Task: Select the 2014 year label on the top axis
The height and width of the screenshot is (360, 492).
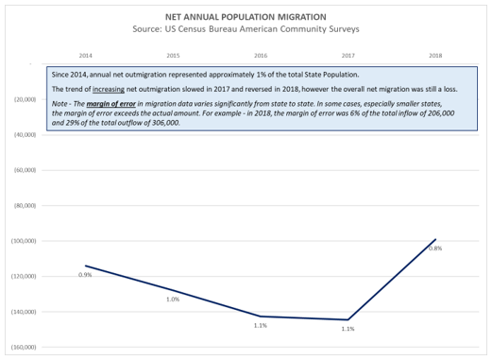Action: coord(86,56)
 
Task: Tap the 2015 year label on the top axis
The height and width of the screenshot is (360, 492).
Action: coord(173,56)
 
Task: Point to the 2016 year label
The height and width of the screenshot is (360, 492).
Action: coord(261,56)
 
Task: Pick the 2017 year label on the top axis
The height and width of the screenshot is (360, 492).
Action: coord(348,56)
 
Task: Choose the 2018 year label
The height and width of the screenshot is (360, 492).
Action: coord(435,56)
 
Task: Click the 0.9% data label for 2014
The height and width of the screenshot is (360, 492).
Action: coord(85,275)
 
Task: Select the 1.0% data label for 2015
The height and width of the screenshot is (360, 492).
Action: coord(173,300)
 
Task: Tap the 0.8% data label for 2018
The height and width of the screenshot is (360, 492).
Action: coord(435,249)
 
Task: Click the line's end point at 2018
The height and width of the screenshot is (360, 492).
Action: coord(435,240)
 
